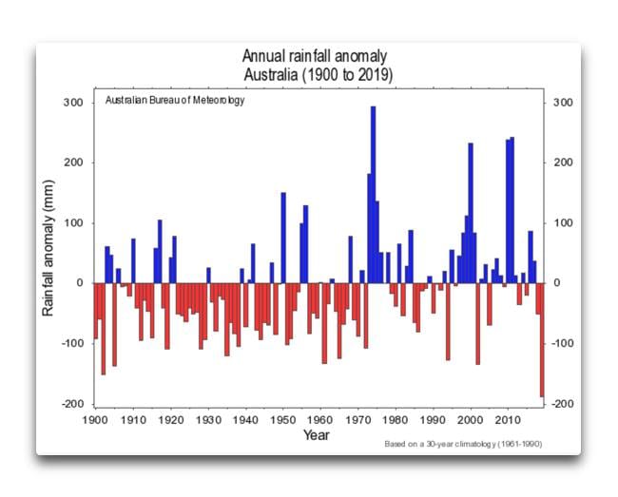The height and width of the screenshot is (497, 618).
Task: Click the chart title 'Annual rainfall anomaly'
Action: pos(314,57)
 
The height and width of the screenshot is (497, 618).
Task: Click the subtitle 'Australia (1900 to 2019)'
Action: pos(314,74)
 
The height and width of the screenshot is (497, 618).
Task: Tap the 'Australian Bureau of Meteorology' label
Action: pos(174,101)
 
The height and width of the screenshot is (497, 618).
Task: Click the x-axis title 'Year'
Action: pos(317,435)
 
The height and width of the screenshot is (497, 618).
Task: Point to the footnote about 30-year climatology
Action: pos(469,444)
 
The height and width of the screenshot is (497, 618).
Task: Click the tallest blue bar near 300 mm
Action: pos(373,195)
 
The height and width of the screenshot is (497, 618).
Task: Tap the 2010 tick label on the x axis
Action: pos(508,419)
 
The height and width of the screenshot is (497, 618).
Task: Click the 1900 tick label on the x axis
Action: pos(95,419)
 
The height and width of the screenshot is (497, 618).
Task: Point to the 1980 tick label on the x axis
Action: pos(396,419)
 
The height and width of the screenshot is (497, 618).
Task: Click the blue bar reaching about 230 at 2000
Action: pos(471,214)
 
